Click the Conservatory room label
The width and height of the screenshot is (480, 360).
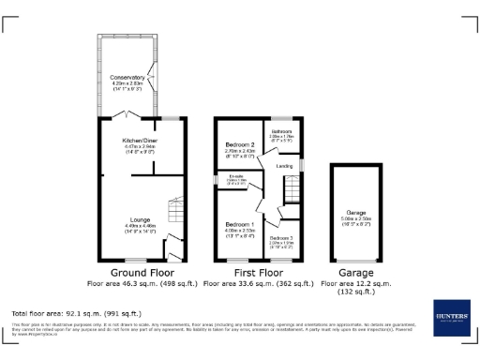coord(127,78)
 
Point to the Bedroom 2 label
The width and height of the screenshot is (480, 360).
coord(240,143)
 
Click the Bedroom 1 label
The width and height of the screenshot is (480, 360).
coord(238,225)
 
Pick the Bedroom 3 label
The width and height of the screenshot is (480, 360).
coord(280,239)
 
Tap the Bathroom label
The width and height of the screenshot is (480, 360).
coord(282,131)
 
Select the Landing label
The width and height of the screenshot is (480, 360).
coord(284,167)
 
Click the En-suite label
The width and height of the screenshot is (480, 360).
coord(235,178)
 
